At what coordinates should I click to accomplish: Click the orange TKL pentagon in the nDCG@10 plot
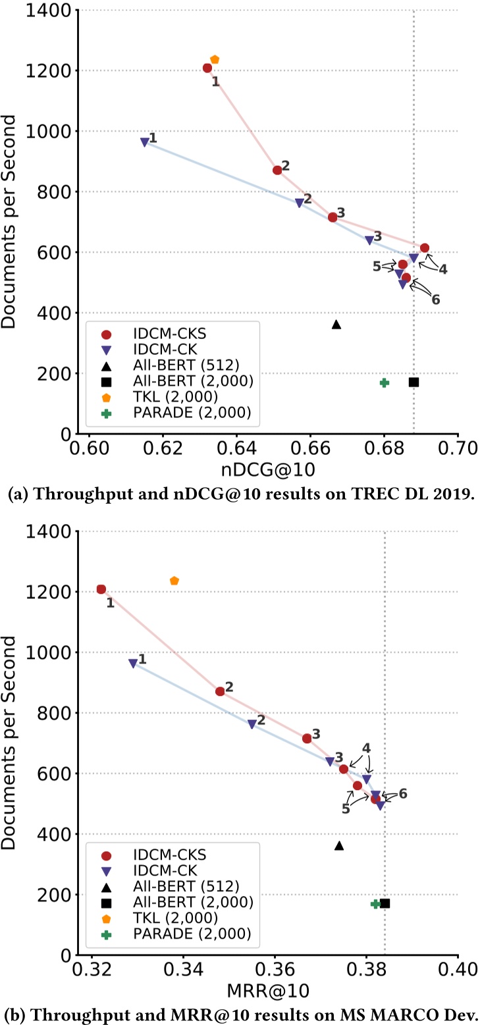(214, 60)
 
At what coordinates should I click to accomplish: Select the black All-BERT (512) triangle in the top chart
(336, 324)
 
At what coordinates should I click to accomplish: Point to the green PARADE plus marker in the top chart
(385, 382)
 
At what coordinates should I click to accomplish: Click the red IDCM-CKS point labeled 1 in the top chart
(207, 68)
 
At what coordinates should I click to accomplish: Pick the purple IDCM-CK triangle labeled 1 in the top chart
(145, 142)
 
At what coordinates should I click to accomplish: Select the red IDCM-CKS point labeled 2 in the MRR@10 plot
(220, 691)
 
